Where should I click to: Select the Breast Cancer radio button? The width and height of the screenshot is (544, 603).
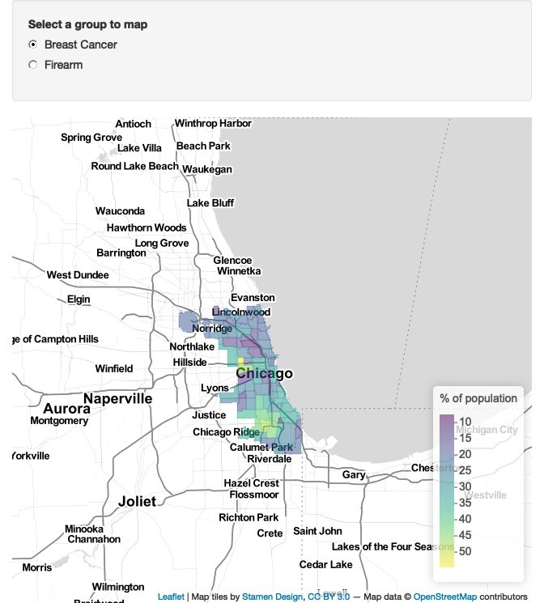[x=33, y=45]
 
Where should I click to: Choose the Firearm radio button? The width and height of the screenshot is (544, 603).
[x=33, y=65]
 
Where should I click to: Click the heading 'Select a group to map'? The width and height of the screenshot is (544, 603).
[x=87, y=24]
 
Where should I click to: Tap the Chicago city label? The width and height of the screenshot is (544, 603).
[x=264, y=374]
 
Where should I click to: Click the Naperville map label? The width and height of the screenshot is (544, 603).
[x=117, y=399]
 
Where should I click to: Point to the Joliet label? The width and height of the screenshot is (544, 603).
[x=137, y=501]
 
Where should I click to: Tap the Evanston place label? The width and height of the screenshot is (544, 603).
[x=253, y=298]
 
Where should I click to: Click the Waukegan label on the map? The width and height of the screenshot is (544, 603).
[x=207, y=169]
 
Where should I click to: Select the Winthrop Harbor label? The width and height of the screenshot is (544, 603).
[x=213, y=124]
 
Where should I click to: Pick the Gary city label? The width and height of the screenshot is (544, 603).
[x=354, y=475]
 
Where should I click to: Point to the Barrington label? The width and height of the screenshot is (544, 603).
[x=121, y=253]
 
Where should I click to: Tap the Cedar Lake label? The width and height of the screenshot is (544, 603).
[x=326, y=564]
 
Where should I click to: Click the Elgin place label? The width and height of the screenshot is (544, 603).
[x=79, y=299]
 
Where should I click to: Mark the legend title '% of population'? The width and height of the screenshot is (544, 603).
[x=478, y=398]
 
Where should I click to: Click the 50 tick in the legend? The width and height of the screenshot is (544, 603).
[x=465, y=551]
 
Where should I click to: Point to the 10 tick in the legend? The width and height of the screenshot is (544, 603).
[x=465, y=422]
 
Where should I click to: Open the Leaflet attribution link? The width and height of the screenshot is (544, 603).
[x=171, y=597]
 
